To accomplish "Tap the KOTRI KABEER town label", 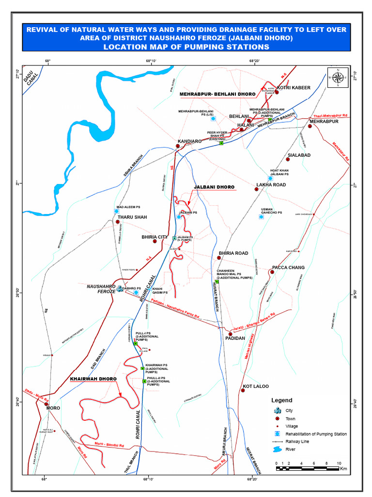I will pos(294,88).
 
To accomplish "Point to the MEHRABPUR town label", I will pos(324,121).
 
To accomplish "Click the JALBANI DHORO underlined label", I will pos(214,187).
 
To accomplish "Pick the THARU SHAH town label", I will pos(132,217).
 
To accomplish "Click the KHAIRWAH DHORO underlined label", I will pos(93,378).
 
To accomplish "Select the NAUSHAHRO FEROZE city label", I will pos(101,290).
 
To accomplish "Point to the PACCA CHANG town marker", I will pos(273,272).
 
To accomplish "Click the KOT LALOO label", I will pos(255,386).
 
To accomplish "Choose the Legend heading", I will pos(281,400).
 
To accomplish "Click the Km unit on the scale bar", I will pos(343,469).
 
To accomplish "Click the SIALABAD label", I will pos(299,155).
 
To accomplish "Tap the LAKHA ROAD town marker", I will pos(256,189).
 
